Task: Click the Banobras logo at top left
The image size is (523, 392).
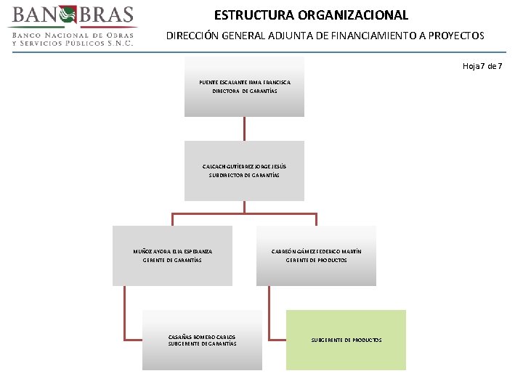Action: coord(71,15)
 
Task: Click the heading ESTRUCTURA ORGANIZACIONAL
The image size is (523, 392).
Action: coord(311,15)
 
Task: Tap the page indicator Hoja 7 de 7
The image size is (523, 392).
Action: coord(482,66)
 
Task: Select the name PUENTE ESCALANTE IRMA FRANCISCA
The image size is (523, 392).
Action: coord(245,82)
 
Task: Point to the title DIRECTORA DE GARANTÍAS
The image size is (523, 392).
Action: coord(245,91)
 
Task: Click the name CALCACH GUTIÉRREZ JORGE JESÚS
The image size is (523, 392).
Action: coord(244,166)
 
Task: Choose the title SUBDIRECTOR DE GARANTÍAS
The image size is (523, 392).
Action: coord(244,176)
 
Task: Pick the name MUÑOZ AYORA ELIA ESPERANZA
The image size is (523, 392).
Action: coord(172,251)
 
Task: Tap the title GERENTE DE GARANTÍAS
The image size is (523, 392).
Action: coord(172,260)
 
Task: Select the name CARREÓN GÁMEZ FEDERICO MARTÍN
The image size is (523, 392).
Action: coord(316,251)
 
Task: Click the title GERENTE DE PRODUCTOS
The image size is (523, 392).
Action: coord(316,260)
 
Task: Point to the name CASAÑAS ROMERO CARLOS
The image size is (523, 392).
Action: coord(201,337)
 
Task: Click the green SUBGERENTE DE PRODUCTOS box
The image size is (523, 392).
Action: coord(346,339)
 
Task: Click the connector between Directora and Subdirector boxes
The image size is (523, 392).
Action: coord(245,128)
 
